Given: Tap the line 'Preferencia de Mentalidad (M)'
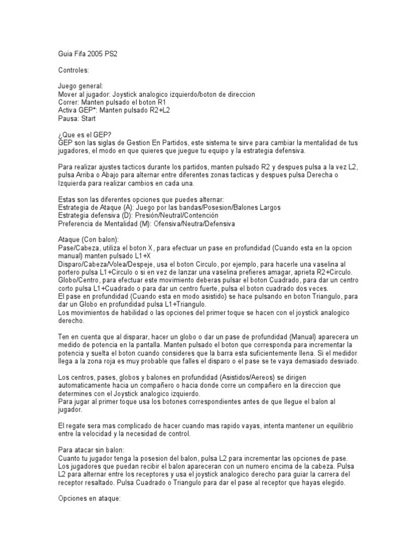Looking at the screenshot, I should click(x=147, y=224).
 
